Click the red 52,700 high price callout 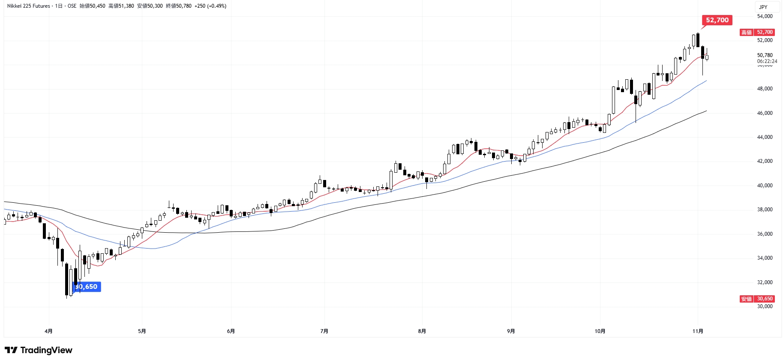point(717,20)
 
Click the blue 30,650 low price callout point(87,287)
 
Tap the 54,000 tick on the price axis point(765,16)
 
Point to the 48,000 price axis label point(765,89)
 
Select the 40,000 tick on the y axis point(765,186)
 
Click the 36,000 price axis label point(765,234)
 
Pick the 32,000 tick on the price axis point(765,282)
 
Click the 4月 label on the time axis point(48,331)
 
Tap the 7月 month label point(324,331)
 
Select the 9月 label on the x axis point(511,331)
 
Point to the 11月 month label point(698,331)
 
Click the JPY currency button point(763,7)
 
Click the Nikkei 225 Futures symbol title point(28,6)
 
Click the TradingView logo point(39,350)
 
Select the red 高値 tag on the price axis point(747,32)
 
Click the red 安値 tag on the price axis point(747,299)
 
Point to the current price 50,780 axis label point(765,55)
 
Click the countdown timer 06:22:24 point(767,61)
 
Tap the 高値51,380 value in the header point(121,6)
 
